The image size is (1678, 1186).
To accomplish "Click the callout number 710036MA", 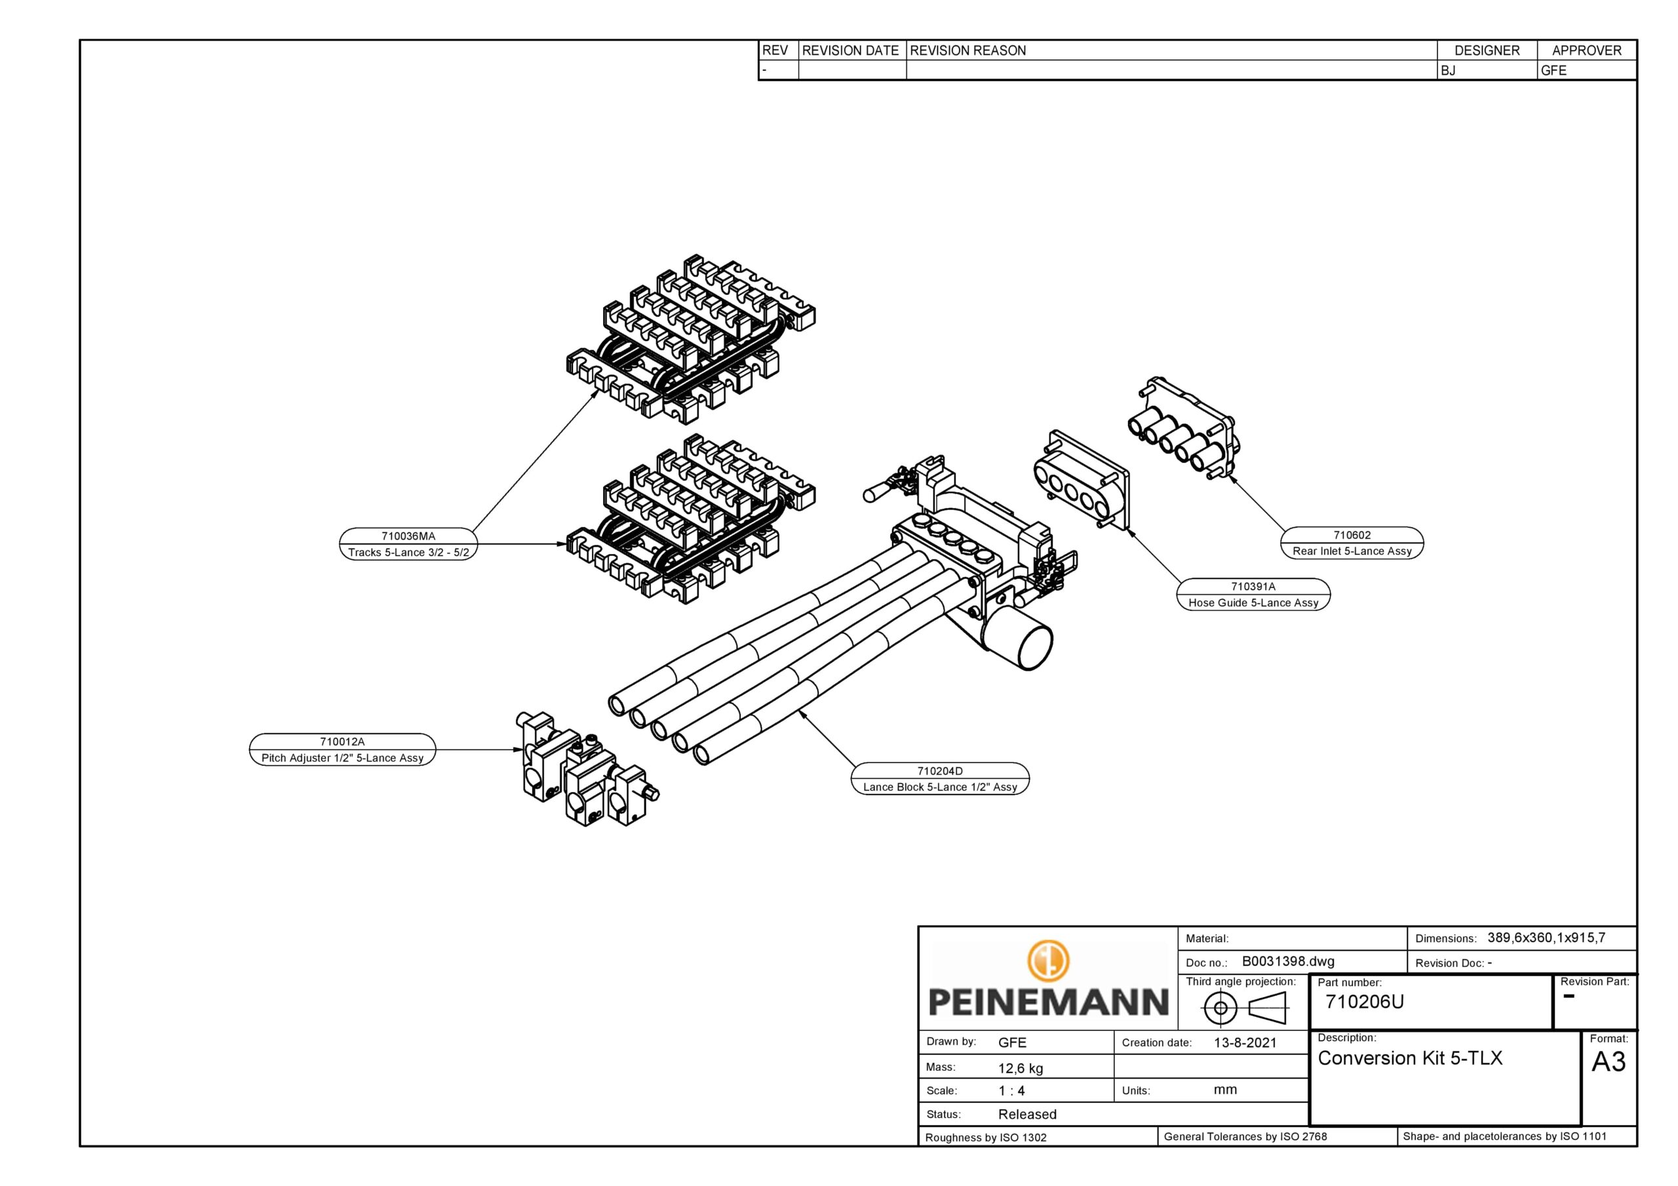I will [408, 536].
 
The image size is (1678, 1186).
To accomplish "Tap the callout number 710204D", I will [940, 771].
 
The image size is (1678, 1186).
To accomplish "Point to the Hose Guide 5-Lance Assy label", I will [1253, 603].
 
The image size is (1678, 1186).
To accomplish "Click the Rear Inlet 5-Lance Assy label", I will [1352, 551].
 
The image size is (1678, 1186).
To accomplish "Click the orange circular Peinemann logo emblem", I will [1048, 960].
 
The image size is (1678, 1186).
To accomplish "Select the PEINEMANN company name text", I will [1048, 1002].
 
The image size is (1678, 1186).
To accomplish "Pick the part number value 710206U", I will [1365, 1002].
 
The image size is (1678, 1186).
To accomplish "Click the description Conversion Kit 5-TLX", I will [1410, 1058].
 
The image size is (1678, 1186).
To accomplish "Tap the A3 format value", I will [1609, 1061].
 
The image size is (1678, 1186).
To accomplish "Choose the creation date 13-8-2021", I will [1245, 1042].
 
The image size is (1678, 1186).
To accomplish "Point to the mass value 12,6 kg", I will [1021, 1068].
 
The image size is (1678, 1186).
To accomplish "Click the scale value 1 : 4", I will [1011, 1091].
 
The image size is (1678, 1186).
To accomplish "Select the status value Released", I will [1027, 1115].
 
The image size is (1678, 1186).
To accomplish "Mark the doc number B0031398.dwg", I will [1288, 962].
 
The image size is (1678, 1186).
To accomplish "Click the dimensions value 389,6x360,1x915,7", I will [1546, 938].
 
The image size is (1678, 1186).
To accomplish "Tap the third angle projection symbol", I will [1244, 1008].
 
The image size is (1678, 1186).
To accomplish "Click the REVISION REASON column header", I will [967, 50].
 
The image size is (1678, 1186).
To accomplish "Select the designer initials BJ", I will [1448, 71].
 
